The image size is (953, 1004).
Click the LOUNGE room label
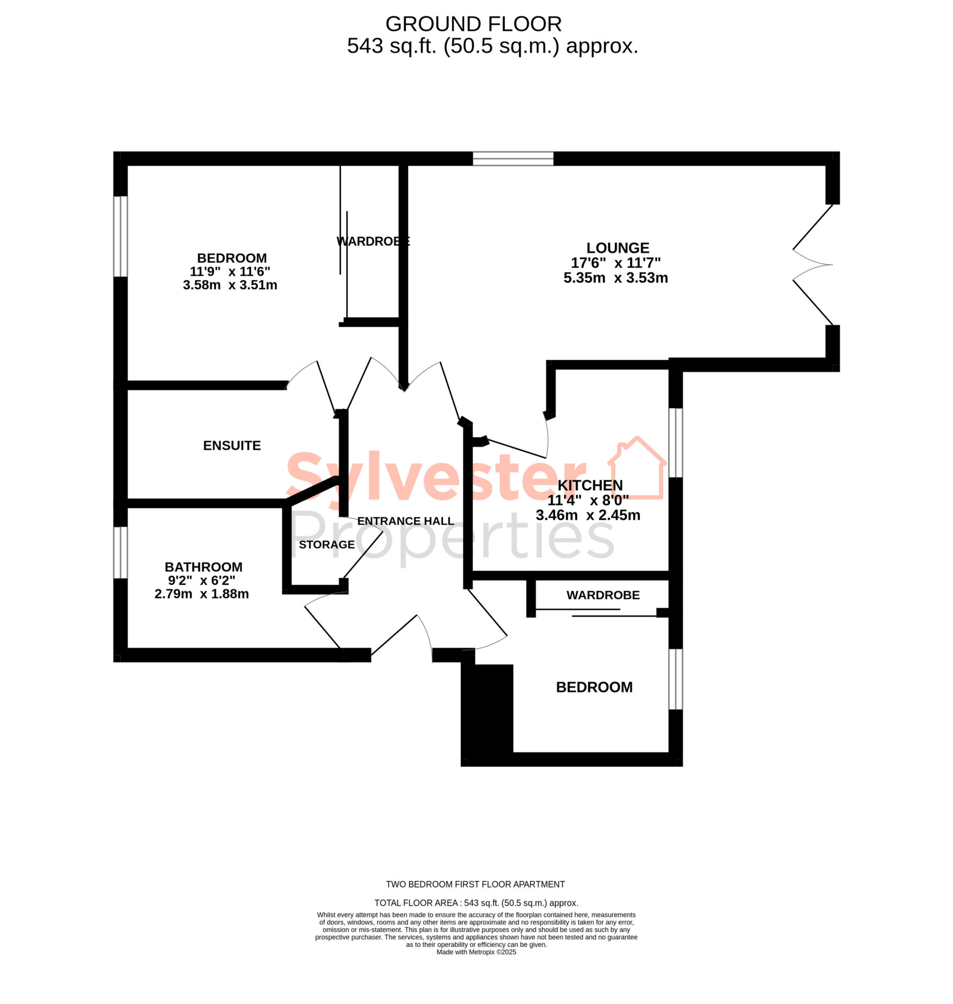(x=617, y=248)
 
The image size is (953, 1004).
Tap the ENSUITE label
(x=232, y=446)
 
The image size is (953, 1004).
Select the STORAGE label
(x=327, y=544)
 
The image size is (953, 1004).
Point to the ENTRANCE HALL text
(x=405, y=521)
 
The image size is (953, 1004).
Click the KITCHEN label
(x=590, y=485)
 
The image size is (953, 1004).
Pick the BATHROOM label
(x=203, y=567)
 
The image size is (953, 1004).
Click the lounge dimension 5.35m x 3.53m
(x=615, y=278)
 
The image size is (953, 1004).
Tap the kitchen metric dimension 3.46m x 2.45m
(x=588, y=515)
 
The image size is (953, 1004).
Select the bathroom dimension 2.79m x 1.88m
(x=201, y=594)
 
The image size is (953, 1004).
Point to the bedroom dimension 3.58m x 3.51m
(x=229, y=285)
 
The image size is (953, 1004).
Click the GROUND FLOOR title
(x=473, y=24)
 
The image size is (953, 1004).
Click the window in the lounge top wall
(x=513, y=158)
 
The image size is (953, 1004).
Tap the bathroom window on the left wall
(x=120, y=552)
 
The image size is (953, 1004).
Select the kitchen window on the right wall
(x=675, y=443)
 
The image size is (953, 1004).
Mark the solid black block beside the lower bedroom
(x=487, y=715)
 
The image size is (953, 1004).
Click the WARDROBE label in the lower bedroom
(x=603, y=595)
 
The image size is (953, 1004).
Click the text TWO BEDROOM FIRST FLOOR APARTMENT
(x=475, y=884)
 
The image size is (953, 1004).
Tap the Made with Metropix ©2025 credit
(x=476, y=952)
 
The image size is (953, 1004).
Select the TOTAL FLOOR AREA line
(x=476, y=903)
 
